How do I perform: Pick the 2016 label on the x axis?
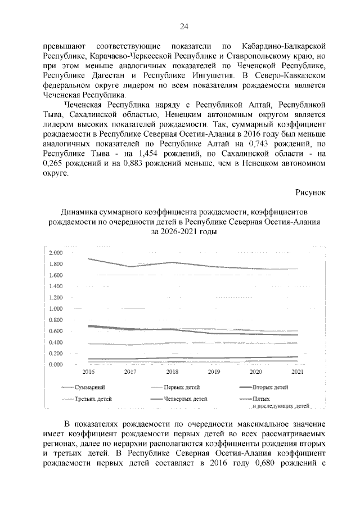[x=89, y=372]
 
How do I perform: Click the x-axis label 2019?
[x=214, y=372]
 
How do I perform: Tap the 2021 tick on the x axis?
[x=298, y=372]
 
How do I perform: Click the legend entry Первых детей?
[x=182, y=388]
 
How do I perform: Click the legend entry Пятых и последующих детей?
[x=281, y=402]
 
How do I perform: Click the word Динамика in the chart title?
[x=79, y=211]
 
